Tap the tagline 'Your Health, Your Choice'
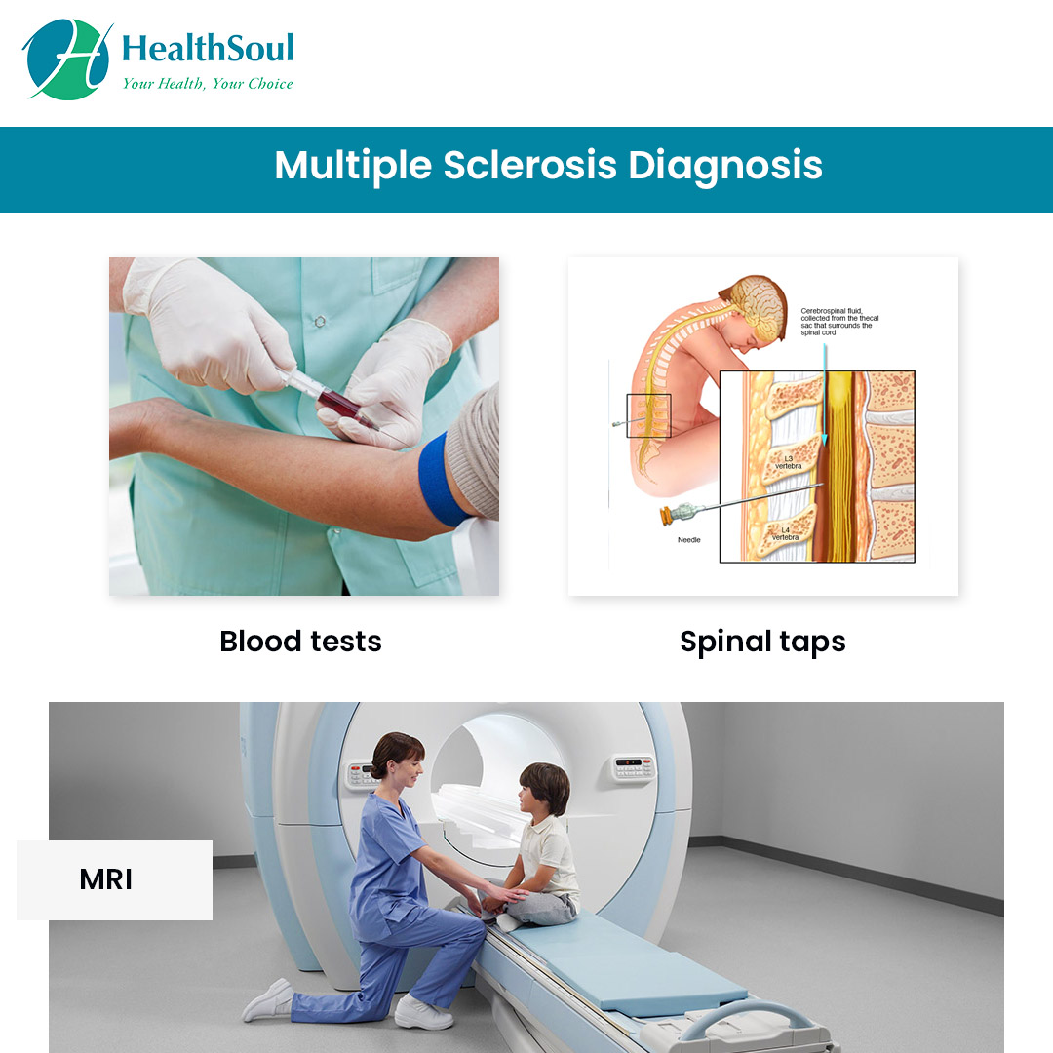point(207,84)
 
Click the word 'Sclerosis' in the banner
point(529,166)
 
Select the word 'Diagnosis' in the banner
point(725,166)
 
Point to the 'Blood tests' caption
point(300,642)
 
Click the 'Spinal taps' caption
point(762,642)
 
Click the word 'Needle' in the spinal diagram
point(690,539)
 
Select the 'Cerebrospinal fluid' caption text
point(837,318)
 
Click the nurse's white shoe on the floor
point(423,1013)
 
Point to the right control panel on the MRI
point(634,766)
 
